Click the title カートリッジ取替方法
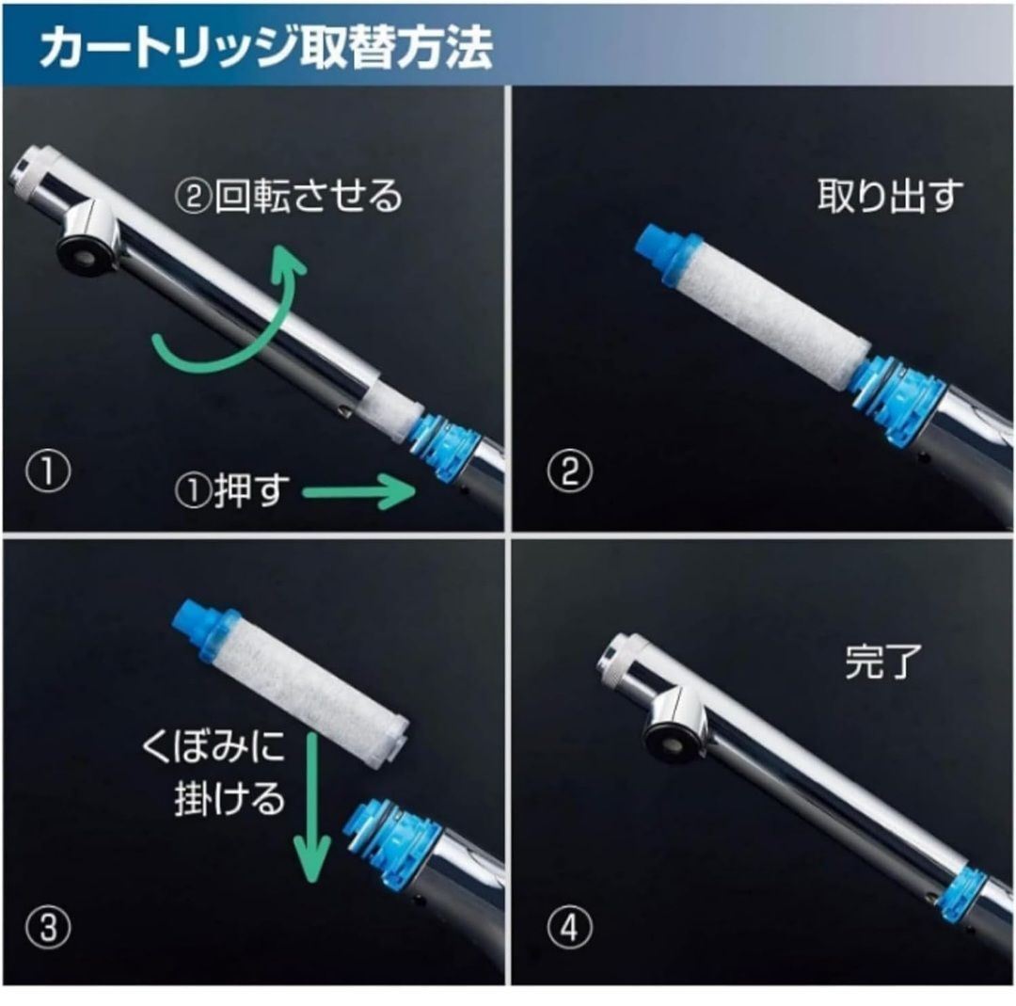tap(265, 48)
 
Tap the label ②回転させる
tap(289, 197)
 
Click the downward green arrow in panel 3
tap(310, 809)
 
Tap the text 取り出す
tap(890, 197)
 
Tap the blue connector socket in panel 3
tap(395, 842)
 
